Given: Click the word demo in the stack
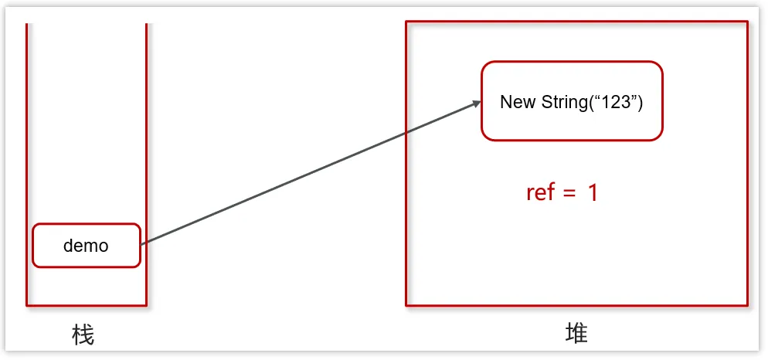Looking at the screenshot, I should coord(86,246).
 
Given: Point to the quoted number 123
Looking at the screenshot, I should coord(615,102).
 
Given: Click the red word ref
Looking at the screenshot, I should coord(540,192).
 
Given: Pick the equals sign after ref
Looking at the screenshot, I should coord(569,193).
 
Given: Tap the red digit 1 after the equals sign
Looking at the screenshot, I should coord(593,192).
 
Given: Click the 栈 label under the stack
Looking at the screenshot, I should coord(83,335).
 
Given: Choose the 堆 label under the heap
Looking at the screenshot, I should coord(576,333).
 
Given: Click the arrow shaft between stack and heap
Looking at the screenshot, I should coord(309,174).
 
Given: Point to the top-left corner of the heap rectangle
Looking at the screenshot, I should coord(406,22).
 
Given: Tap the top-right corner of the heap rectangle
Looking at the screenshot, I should coord(748,22).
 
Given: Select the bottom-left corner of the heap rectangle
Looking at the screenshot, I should coord(406,305).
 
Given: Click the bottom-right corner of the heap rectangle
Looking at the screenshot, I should coord(748,305).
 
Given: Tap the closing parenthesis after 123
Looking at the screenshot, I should coord(641,102).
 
